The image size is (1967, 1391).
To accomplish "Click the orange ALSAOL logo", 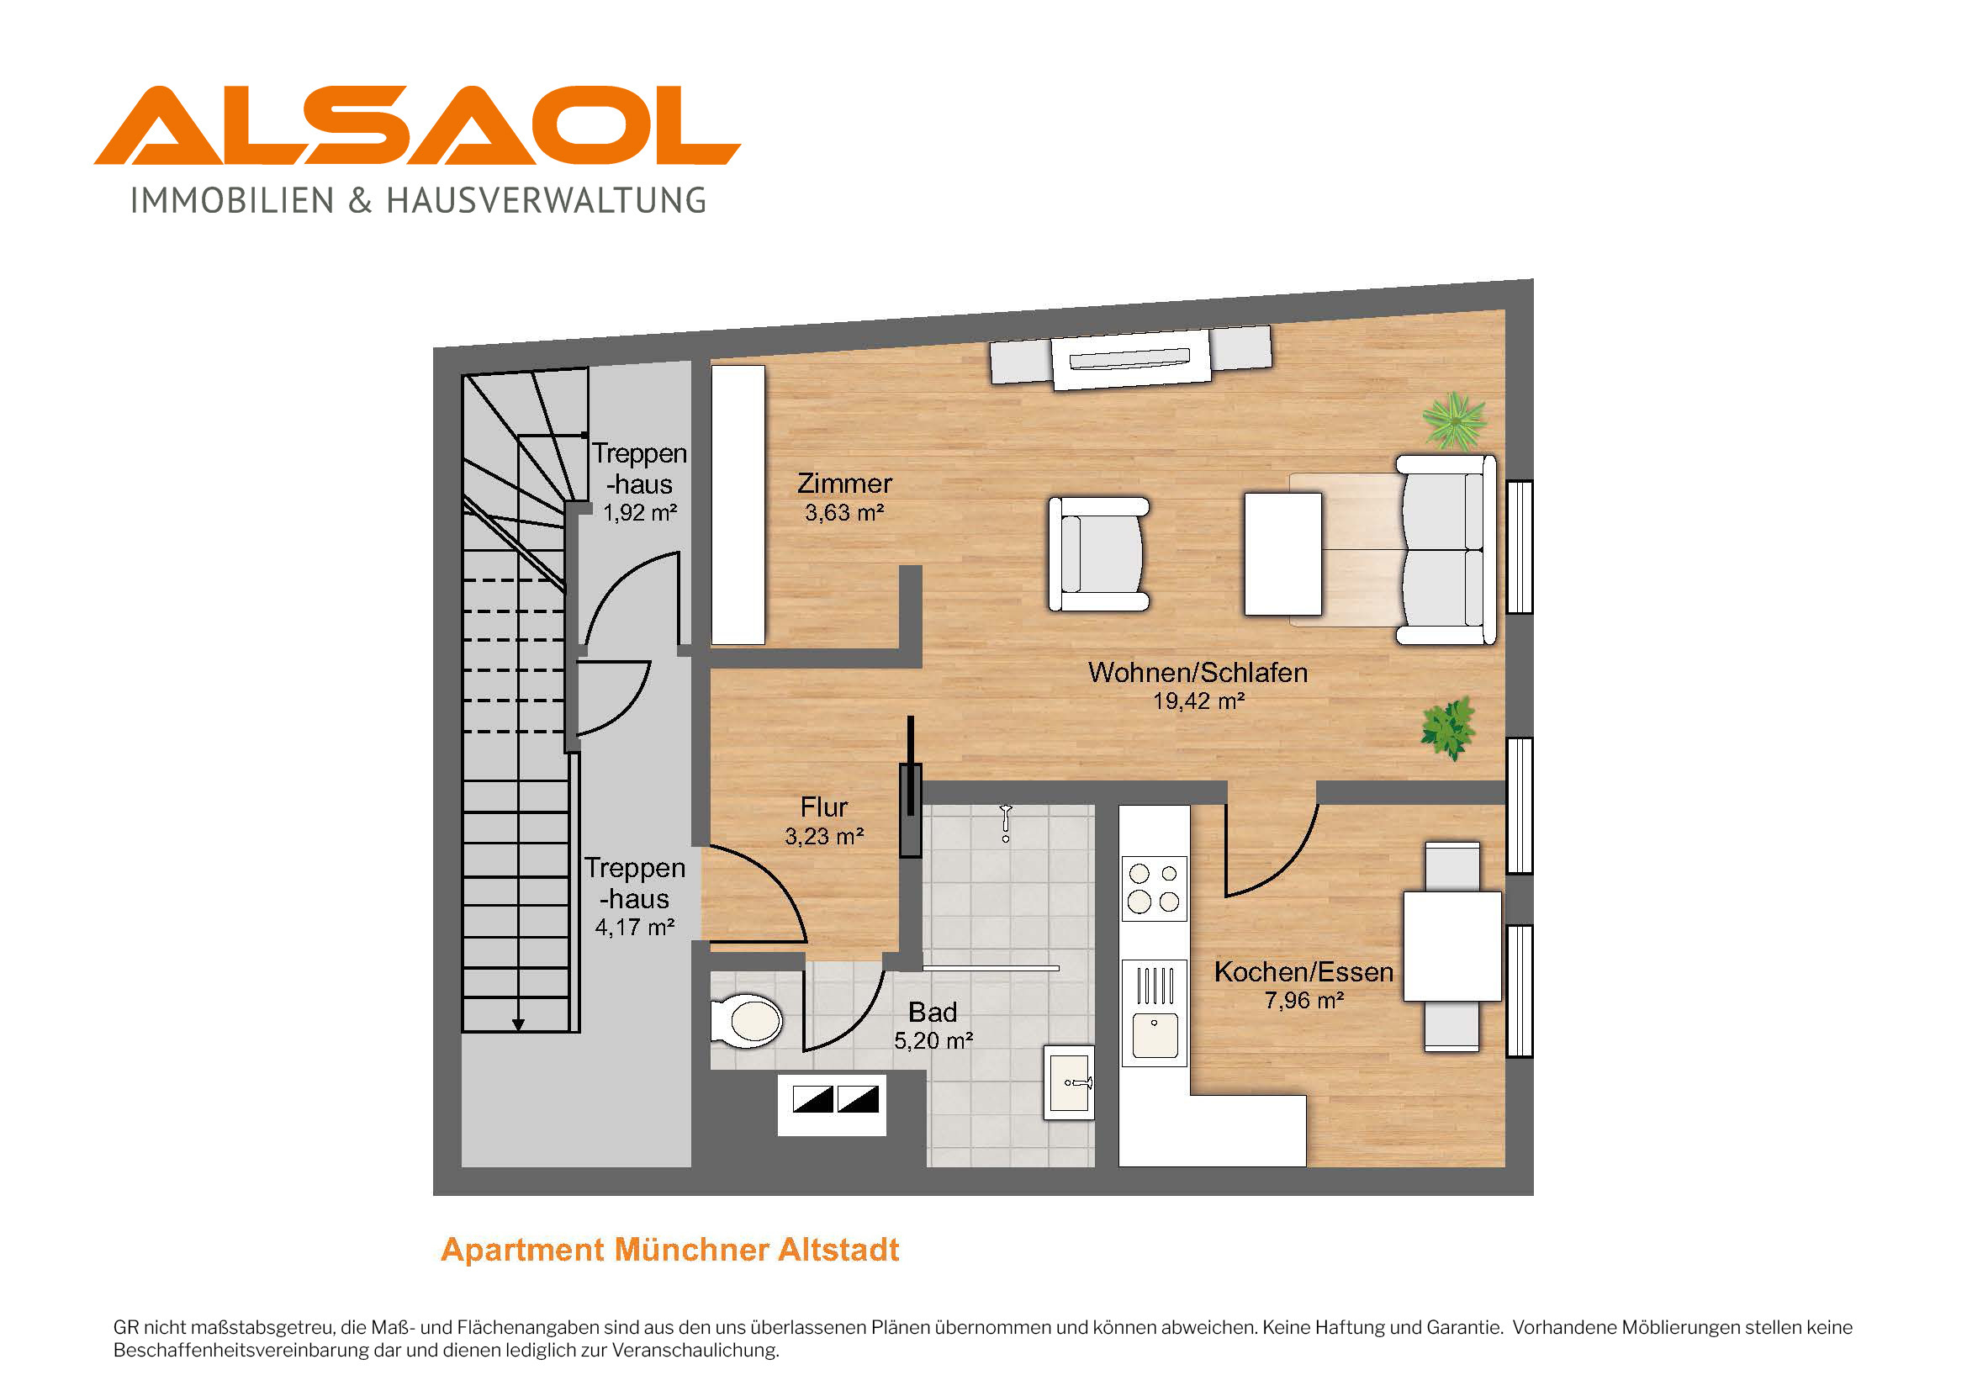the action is [417, 125].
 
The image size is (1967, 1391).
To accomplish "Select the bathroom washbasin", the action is [1068, 1082].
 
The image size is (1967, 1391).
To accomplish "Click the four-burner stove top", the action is [1154, 888].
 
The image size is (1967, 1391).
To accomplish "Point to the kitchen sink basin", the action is [1155, 1034].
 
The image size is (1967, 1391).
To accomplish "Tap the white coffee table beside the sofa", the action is [1282, 553].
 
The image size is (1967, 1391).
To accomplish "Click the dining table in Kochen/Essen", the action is [1452, 946].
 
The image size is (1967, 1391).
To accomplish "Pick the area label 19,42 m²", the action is [1198, 701].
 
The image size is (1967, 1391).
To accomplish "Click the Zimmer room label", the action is [844, 484].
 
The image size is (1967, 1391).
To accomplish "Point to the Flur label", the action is [823, 807].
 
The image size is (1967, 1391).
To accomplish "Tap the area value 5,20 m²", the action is [933, 1040].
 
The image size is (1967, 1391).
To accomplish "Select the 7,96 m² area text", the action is [1304, 1001].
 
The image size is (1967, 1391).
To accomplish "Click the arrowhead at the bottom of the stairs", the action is [517, 1024].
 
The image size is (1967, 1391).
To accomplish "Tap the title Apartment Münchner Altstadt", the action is [670, 1250].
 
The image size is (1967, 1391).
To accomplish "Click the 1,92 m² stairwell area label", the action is [640, 513].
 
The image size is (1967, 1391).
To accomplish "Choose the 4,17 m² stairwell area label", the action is [635, 928].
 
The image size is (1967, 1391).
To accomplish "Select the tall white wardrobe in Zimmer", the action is [738, 505].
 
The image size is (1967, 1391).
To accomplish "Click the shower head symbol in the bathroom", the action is [1006, 822].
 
